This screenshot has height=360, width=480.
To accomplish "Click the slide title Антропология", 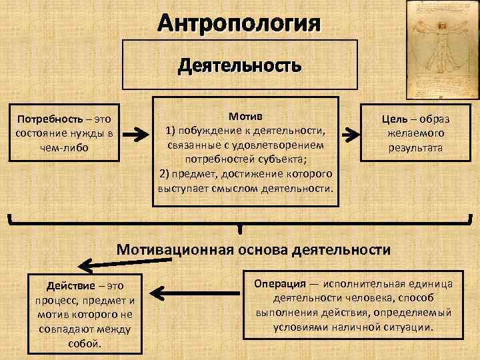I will (239, 25).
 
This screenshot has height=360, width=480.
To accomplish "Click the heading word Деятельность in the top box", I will (239, 66).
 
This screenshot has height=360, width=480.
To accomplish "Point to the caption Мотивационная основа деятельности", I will (253, 249).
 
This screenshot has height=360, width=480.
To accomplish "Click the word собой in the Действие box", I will (84, 344).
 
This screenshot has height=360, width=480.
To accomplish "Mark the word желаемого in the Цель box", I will (415, 134).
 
